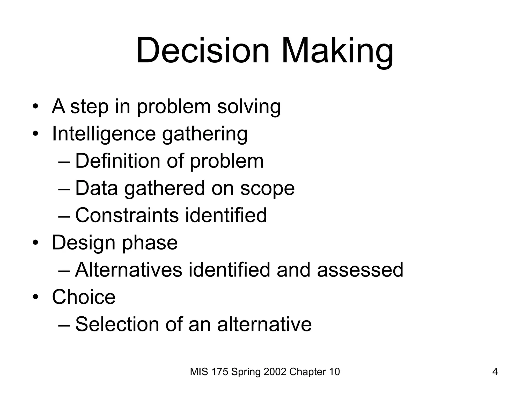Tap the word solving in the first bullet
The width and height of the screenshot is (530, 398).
(x=249, y=106)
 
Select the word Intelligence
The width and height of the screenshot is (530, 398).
(x=104, y=134)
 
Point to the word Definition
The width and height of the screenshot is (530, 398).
(x=118, y=161)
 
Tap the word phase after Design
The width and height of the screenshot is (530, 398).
(x=150, y=243)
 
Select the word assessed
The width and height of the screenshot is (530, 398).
(x=360, y=270)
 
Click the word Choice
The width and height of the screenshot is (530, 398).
(x=84, y=297)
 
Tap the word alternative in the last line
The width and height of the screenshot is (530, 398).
(x=264, y=324)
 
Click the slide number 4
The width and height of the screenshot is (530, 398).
(x=495, y=372)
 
